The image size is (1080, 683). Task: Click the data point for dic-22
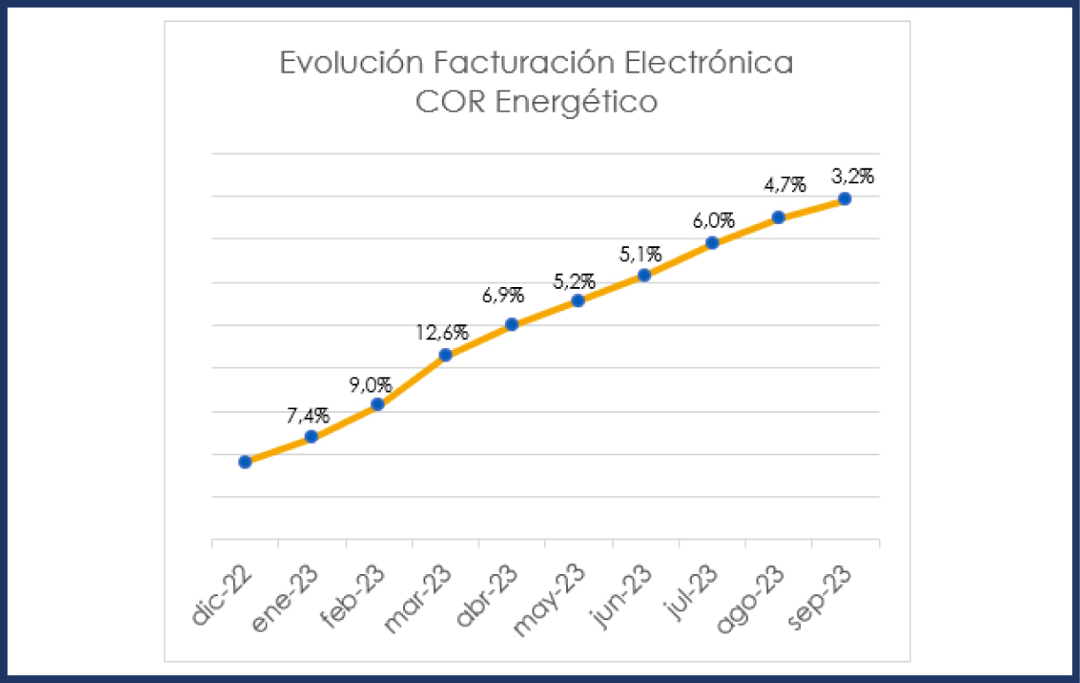click(x=245, y=462)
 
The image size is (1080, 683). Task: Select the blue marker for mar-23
click(x=446, y=355)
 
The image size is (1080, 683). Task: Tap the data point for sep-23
click(x=844, y=198)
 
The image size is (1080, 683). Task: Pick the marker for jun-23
click(x=644, y=276)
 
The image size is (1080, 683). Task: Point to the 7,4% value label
click(x=307, y=415)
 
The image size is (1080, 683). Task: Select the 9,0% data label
click(x=373, y=384)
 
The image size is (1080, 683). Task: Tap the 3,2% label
click(x=852, y=175)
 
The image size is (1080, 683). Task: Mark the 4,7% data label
click(x=784, y=185)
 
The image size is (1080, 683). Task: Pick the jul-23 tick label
click(x=692, y=595)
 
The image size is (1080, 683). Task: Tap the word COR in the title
click(x=451, y=102)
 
